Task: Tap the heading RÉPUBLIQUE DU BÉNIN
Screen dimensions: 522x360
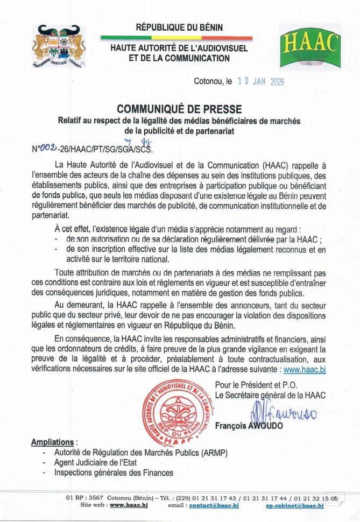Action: point(179,27)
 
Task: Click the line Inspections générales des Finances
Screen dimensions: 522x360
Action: point(114,473)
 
